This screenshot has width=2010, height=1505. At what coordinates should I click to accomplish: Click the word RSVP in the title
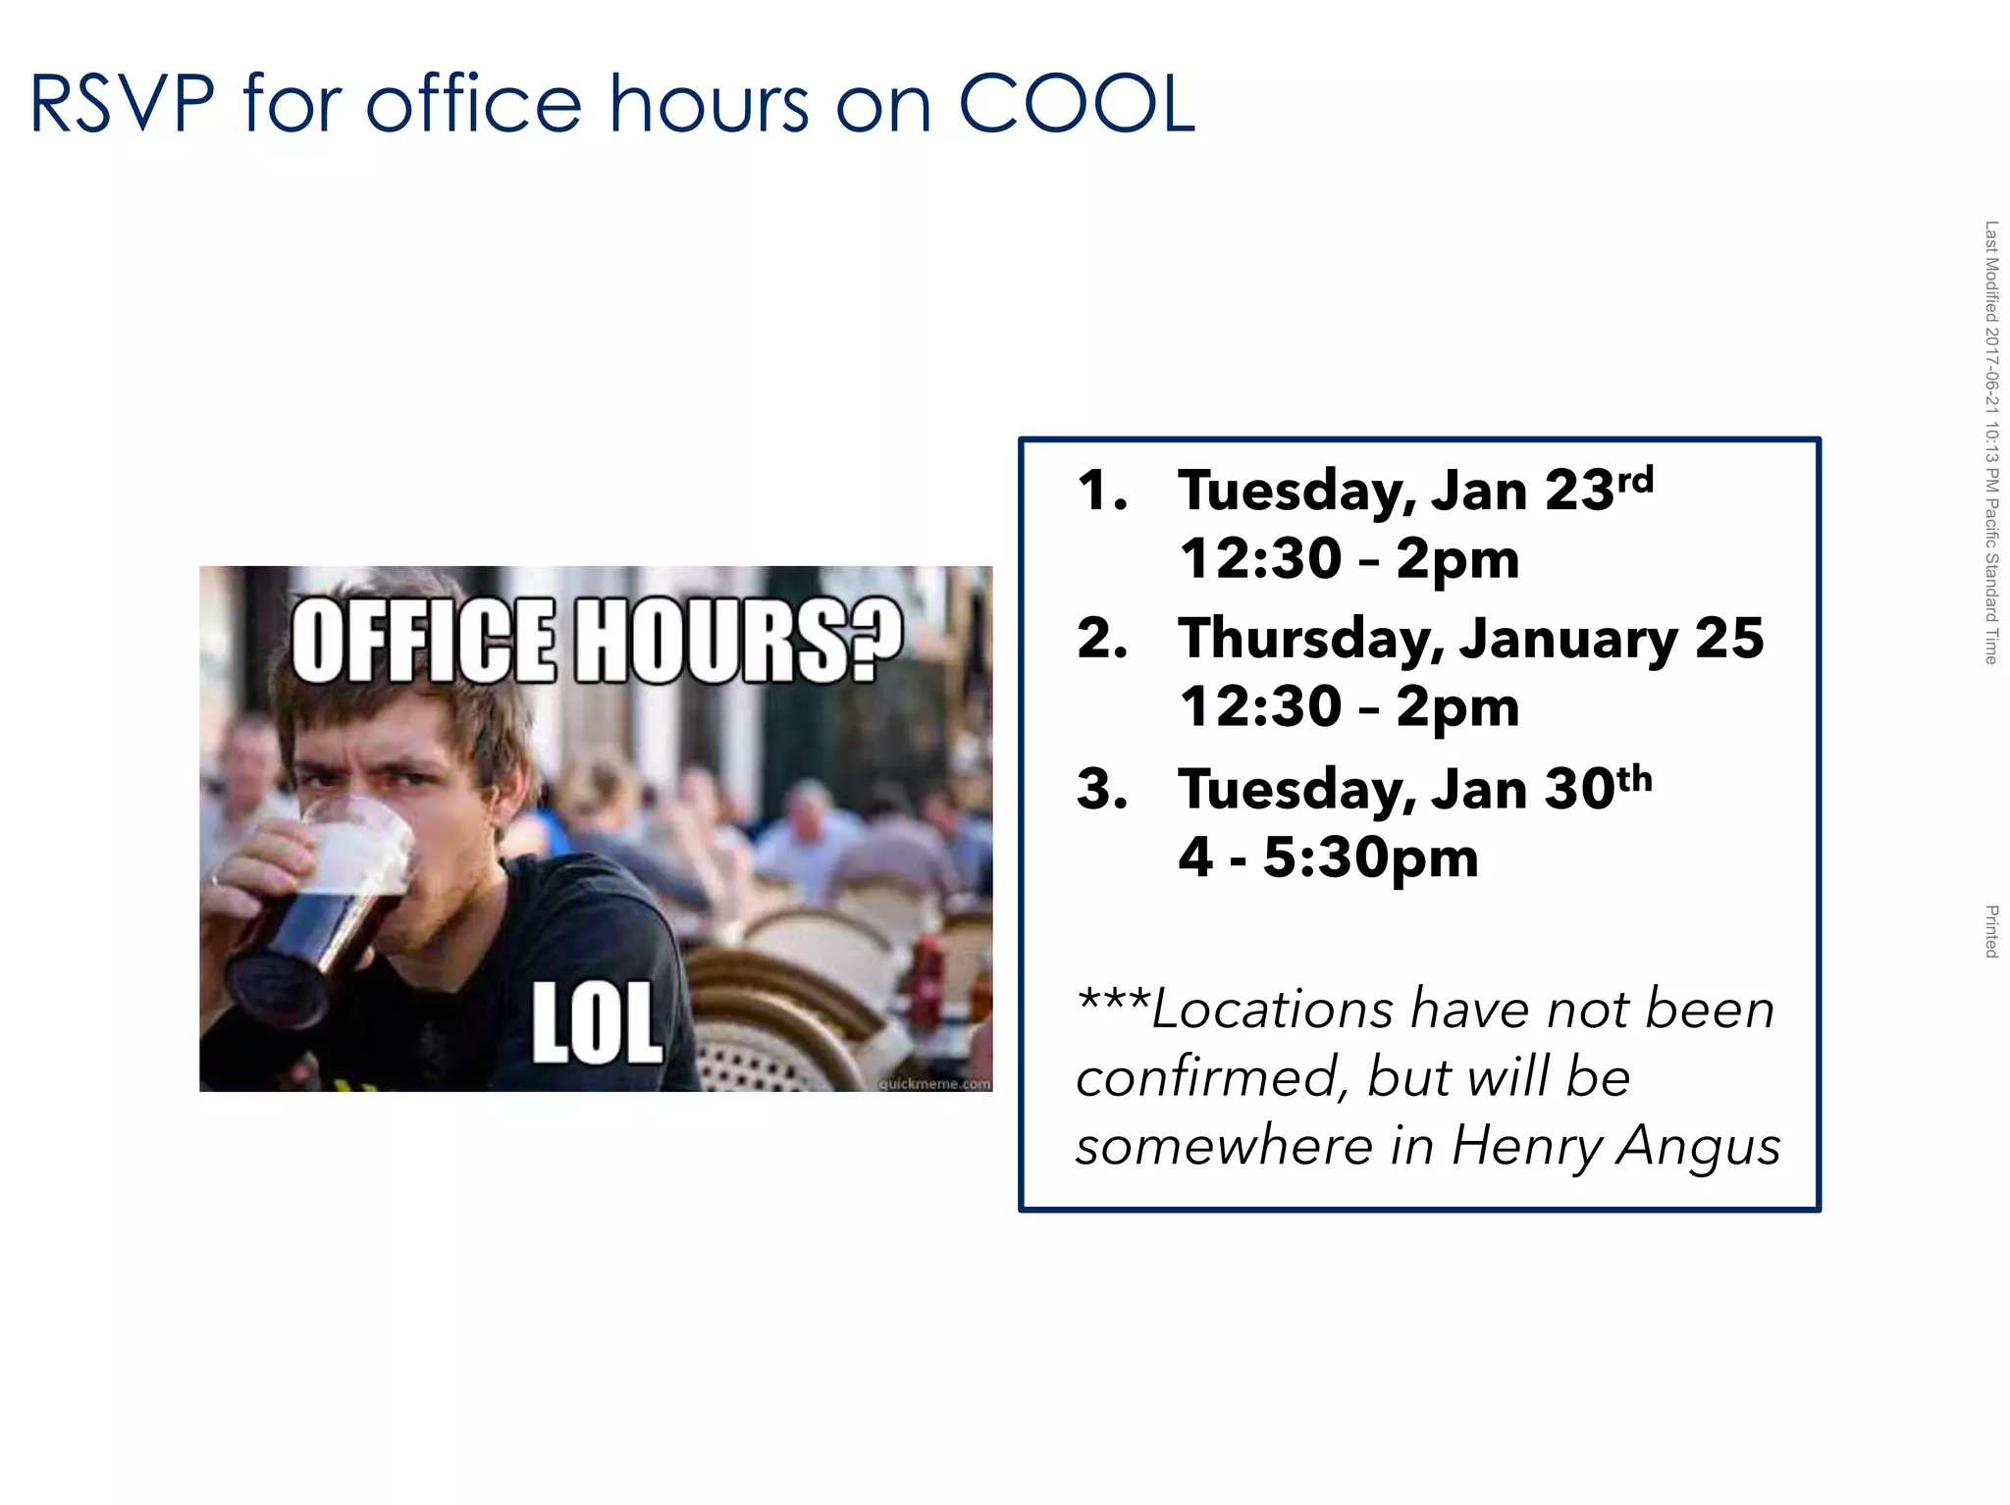click(123, 104)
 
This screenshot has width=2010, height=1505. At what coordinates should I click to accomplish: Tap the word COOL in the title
click(1076, 104)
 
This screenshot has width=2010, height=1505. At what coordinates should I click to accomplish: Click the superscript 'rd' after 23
click(1635, 480)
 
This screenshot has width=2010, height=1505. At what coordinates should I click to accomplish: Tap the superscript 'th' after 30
click(1634, 779)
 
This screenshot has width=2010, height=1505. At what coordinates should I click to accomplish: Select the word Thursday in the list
click(1311, 641)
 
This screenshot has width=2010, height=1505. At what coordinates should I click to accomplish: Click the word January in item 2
click(1568, 641)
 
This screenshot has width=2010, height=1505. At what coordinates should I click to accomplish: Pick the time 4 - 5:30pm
click(1328, 857)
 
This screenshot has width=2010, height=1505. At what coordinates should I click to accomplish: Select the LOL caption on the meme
click(597, 1022)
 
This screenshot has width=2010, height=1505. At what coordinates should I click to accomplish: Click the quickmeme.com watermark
click(934, 1083)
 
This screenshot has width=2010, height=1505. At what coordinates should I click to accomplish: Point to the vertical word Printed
click(1991, 931)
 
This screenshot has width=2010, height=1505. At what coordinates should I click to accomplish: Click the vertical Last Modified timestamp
click(1991, 441)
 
